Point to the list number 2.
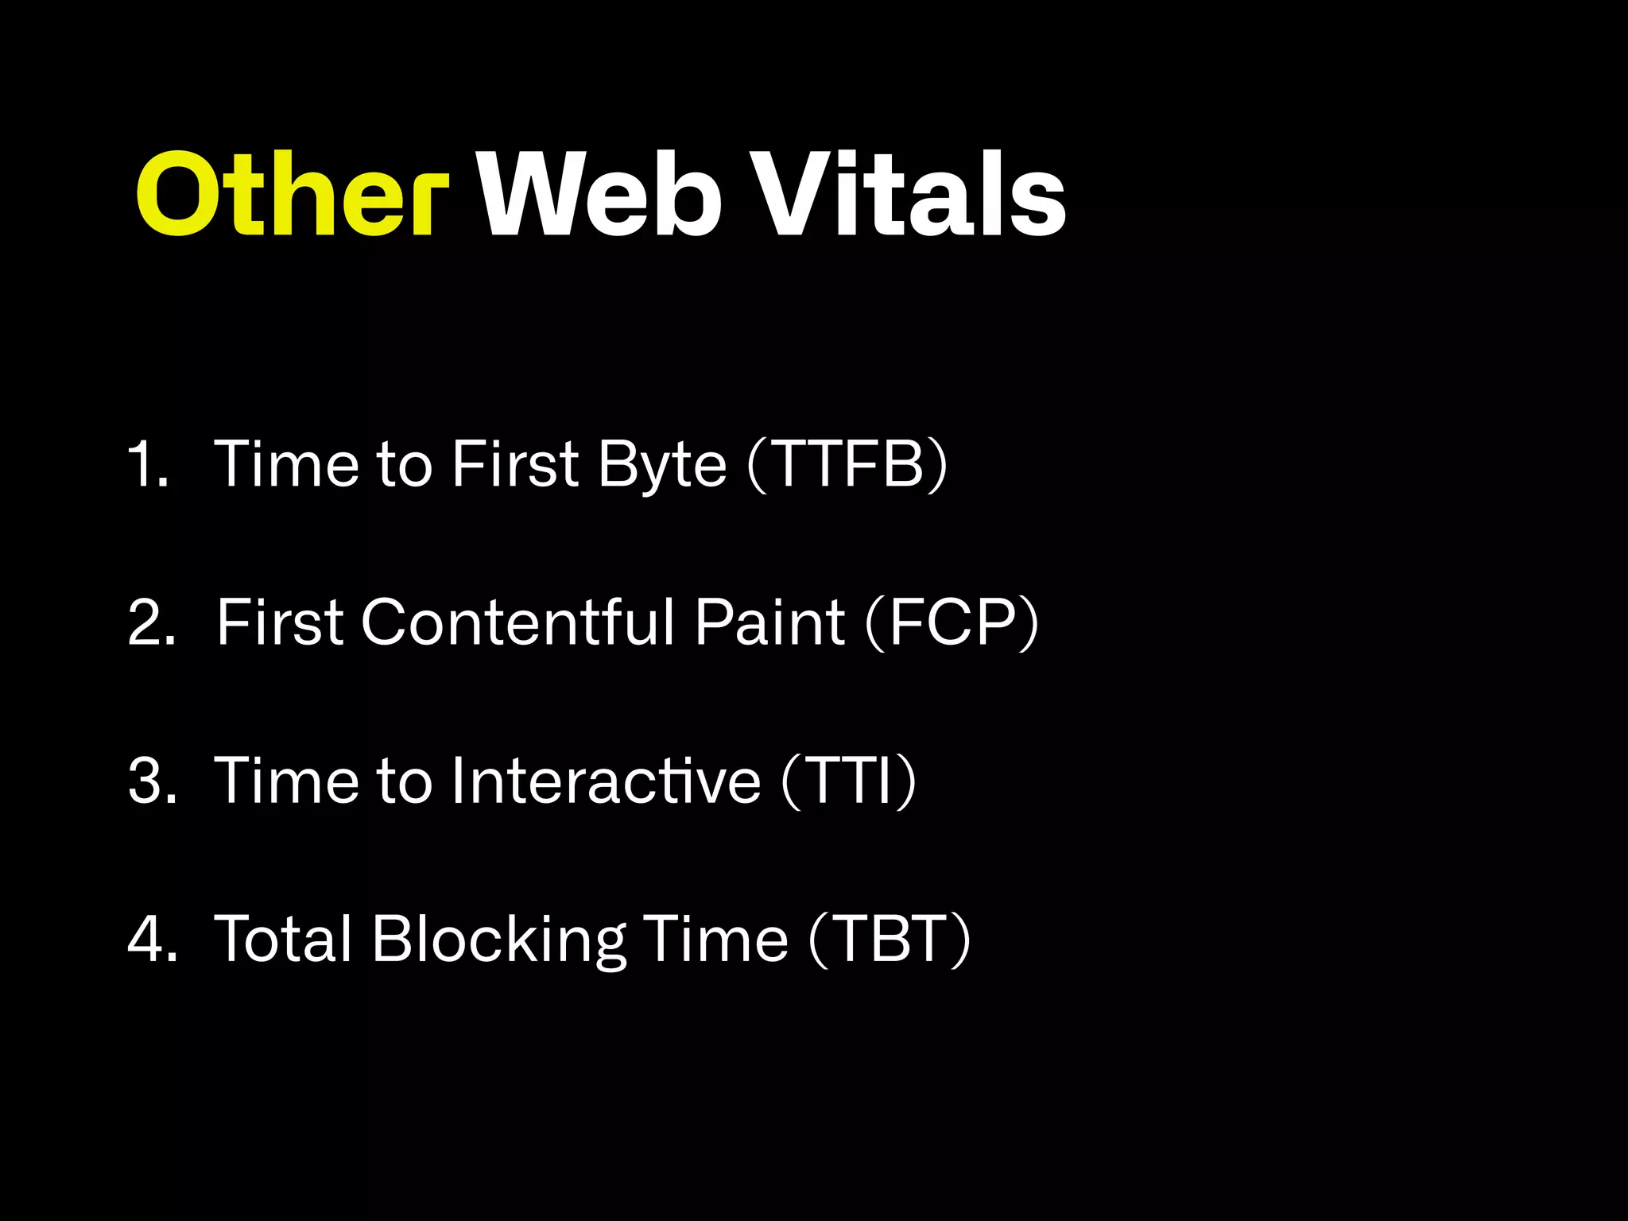(x=151, y=622)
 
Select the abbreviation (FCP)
(x=952, y=622)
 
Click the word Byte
(x=662, y=465)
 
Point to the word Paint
(x=769, y=622)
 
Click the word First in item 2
(x=280, y=622)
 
